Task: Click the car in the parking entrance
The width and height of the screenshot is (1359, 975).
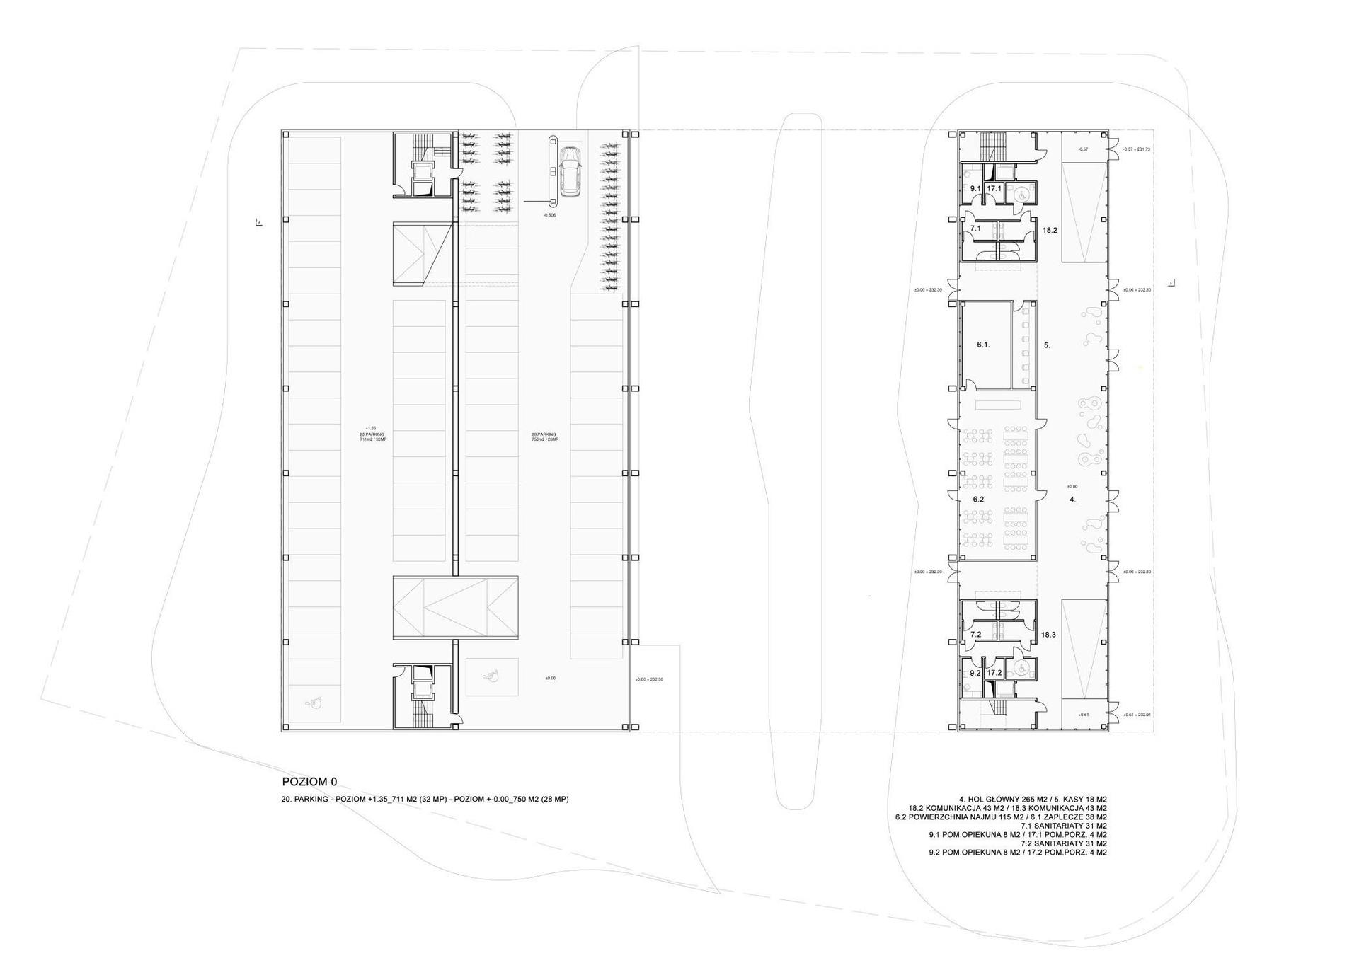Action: (x=570, y=171)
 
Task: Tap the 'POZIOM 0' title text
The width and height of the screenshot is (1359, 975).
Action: (x=309, y=782)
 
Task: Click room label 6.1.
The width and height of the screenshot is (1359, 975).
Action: (x=983, y=345)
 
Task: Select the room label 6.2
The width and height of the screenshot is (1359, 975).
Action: (x=978, y=499)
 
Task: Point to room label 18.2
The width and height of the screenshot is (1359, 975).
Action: (x=1050, y=230)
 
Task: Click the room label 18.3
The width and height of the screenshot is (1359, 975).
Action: (x=1048, y=635)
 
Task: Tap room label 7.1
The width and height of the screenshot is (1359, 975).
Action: (x=975, y=229)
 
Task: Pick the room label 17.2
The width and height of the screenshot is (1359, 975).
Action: (x=994, y=673)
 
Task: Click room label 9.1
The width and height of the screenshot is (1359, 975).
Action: (x=975, y=188)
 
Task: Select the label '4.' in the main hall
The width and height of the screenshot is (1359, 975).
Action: (x=1072, y=499)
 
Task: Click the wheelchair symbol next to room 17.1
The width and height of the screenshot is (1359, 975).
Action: (x=1021, y=191)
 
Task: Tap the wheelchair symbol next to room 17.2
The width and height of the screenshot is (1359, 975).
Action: (x=1021, y=667)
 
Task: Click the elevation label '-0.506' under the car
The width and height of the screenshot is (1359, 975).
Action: (x=549, y=214)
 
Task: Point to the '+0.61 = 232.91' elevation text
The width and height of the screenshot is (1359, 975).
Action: (x=1137, y=715)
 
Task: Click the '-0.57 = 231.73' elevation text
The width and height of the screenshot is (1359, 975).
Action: (x=1137, y=149)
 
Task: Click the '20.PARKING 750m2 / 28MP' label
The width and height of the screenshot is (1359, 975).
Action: (x=545, y=437)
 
